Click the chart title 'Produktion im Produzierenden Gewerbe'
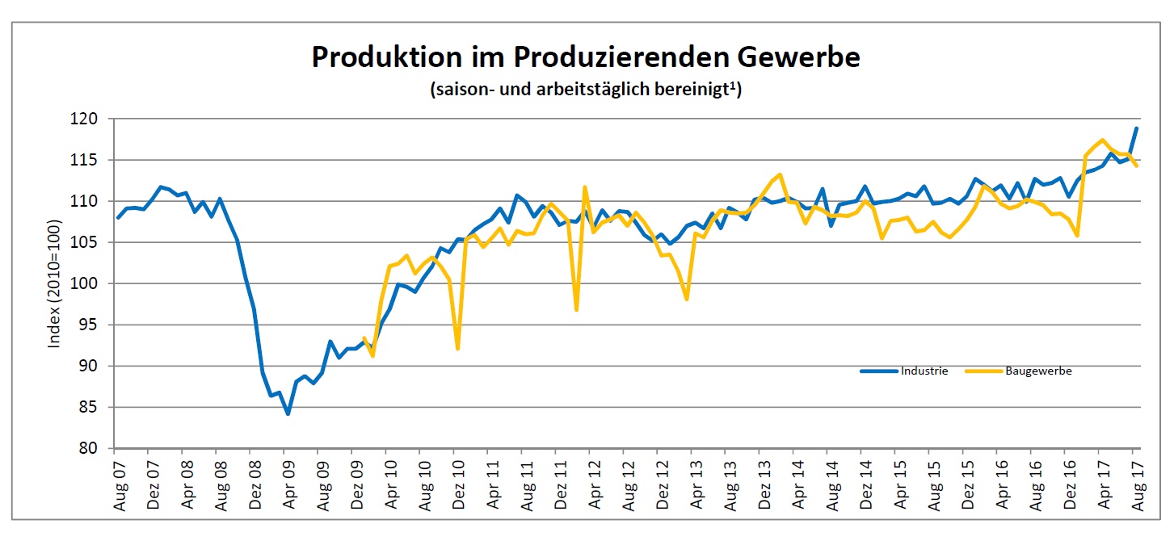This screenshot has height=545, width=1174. click(x=586, y=58)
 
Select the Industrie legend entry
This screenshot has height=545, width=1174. click(x=905, y=371)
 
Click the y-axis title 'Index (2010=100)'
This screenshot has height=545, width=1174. click(x=55, y=283)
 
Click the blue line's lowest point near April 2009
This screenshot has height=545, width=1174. click(x=287, y=413)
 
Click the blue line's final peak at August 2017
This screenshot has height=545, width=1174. click(x=1136, y=128)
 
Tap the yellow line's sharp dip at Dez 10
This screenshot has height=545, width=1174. click(x=457, y=348)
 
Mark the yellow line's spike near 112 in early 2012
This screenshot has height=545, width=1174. click(x=584, y=187)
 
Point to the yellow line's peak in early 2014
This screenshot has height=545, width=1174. click(x=780, y=174)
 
